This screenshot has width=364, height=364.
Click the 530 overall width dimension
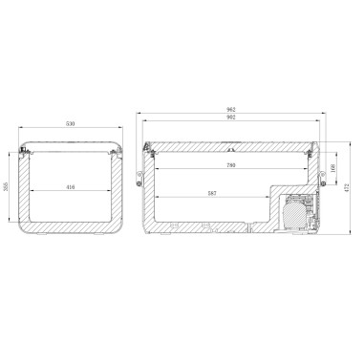(72, 122)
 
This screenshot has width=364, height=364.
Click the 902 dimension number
(231, 120)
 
